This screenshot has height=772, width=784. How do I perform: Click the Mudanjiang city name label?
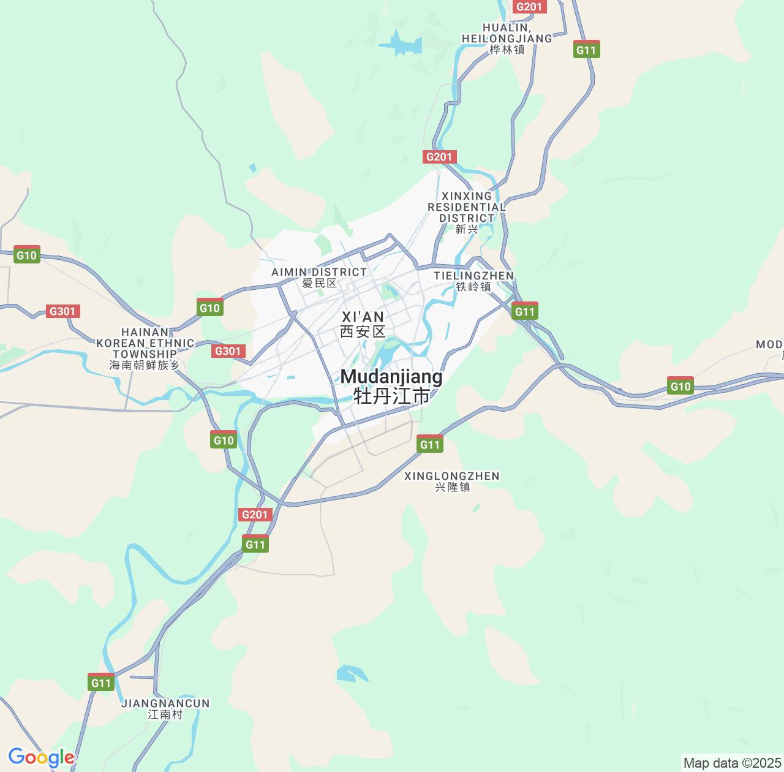point(391,386)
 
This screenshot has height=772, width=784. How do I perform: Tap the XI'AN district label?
point(363,324)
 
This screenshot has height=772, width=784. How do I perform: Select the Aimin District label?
point(319,277)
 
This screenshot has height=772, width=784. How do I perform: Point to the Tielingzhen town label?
point(473,281)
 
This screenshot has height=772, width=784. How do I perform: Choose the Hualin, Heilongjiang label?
point(507,38)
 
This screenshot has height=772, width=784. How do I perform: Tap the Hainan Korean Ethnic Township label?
point(145,348)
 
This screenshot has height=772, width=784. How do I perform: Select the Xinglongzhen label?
point(452,481)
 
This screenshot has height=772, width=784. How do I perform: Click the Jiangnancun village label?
point(165,708)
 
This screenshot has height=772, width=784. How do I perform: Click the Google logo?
point(41,757)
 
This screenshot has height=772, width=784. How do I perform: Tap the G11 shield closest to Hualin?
point(586,50)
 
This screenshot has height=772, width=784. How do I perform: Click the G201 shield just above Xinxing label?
point(439,157)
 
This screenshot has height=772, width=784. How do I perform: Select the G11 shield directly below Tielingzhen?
point(524,311)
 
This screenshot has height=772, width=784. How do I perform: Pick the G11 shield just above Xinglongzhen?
point(429,444)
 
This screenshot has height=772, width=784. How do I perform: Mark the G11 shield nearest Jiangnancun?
point(101,683)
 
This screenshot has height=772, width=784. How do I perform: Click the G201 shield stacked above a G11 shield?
point(255,514)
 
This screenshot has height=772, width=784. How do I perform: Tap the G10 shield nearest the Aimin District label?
point(209,308)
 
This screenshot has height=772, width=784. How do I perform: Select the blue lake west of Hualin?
point(401,44)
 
